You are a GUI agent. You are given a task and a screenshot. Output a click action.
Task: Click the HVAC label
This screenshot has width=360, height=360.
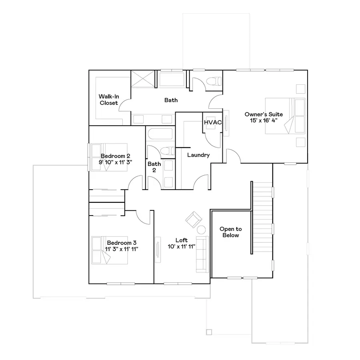pos(213,122)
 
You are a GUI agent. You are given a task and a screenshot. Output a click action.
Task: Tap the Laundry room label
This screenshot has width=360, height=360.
pos(198,155)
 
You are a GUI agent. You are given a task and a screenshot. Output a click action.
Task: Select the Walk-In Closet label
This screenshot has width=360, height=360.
pos(109,100)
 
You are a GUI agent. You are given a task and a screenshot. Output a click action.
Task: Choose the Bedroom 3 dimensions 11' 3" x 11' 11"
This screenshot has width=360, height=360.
pos(122,249)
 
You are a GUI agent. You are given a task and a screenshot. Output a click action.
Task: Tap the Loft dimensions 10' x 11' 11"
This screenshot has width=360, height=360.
pos(182,246)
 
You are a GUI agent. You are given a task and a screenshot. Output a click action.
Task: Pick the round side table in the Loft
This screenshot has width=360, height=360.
pos(201,230)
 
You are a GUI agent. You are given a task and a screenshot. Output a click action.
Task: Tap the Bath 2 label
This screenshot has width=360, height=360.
pos(154,167)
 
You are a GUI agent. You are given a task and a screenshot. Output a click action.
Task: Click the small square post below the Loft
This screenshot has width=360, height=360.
pos(208,332)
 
